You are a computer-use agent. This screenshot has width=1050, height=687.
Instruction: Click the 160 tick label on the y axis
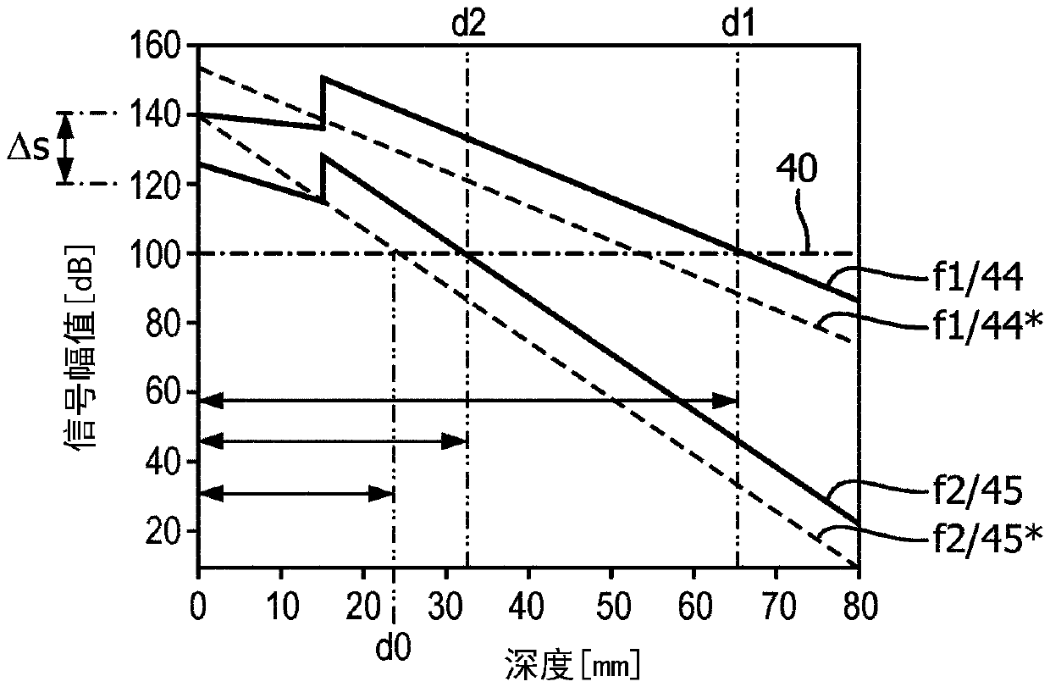154,46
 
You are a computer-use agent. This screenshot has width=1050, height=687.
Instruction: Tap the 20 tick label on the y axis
163,531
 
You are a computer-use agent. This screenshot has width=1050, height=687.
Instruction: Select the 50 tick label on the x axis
611,606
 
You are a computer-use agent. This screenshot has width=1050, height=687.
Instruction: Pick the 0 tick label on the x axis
198,606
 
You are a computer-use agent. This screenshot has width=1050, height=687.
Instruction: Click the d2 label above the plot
467,24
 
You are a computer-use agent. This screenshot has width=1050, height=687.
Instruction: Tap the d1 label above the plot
738,24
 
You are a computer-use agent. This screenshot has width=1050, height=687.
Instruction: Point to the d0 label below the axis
393,646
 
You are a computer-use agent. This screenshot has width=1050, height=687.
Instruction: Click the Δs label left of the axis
28,149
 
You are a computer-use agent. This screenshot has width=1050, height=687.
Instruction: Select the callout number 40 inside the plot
797,169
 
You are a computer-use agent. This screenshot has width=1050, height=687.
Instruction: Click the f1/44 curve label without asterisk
977,279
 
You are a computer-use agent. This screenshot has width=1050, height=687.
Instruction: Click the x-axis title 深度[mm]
572,664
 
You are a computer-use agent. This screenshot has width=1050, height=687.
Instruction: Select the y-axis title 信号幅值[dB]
79,347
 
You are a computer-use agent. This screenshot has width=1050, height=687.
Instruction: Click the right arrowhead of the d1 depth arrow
726,401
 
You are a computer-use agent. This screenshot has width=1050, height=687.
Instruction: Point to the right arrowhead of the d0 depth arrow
382,494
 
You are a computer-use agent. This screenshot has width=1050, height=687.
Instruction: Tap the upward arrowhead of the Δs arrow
65,125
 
